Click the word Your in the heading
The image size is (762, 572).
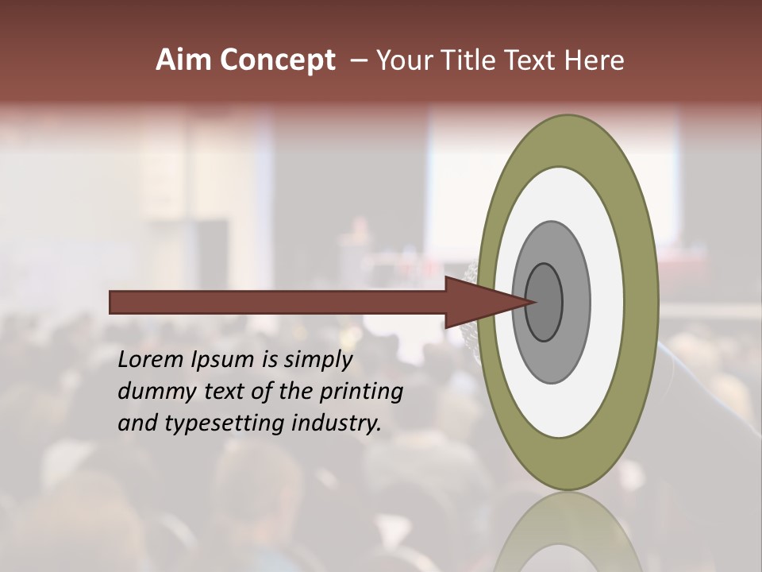pyautogui.click(x=403, y=60)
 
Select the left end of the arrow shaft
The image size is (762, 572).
pyautogui.click(x=113, y=302)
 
